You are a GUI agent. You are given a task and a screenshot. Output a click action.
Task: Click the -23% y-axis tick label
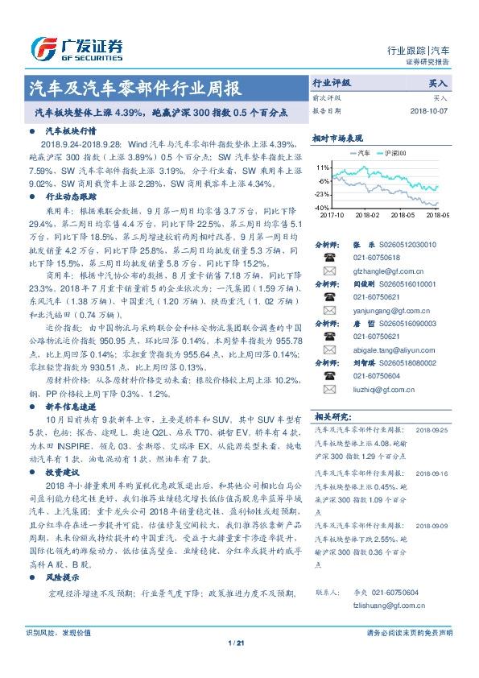[x=323, y=194]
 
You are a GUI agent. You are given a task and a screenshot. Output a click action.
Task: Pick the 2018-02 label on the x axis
[x=366, y=216]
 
